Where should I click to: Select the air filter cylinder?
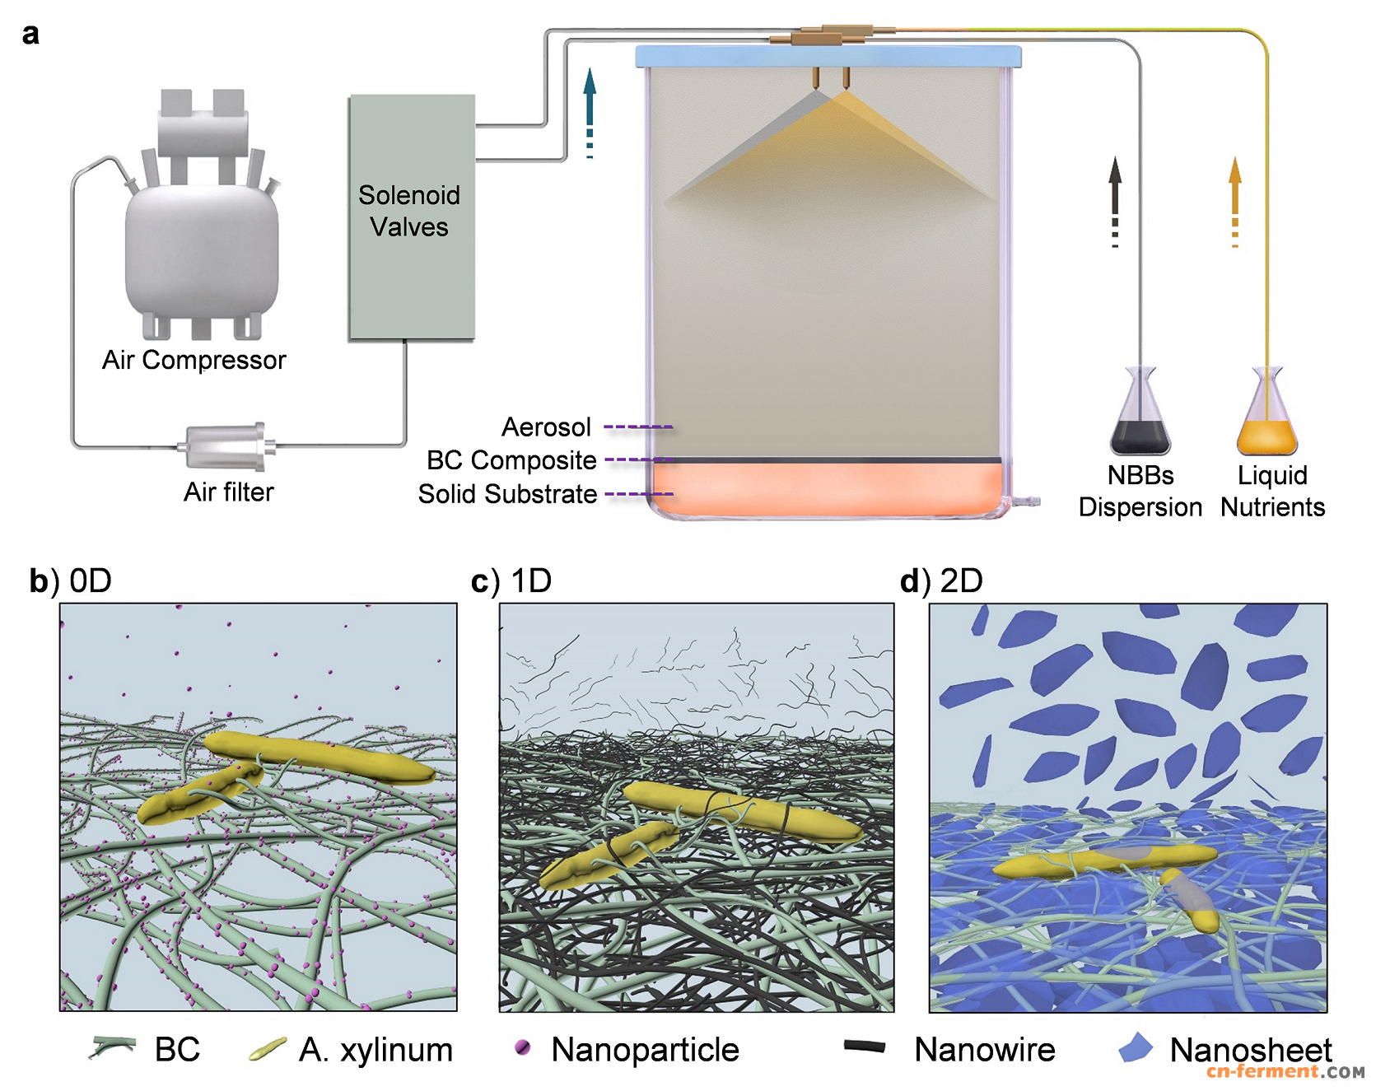coord(226,446)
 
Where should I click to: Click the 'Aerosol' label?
coord(546,427)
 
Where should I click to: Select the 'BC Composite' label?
coord(511,459)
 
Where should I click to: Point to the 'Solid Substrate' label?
coord(507,493)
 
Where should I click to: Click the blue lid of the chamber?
coord(828,56)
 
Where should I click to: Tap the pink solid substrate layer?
coord(827,489)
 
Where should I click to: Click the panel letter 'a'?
coord(30,34)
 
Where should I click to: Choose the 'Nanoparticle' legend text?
coord(645,1050)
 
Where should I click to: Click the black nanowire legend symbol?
coord(865,1047)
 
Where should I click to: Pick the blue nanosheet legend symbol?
coord(1136,1047)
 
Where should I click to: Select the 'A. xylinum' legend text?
coord(375,1050)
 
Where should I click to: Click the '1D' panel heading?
coord(531,580)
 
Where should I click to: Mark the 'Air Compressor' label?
coord(194,360)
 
